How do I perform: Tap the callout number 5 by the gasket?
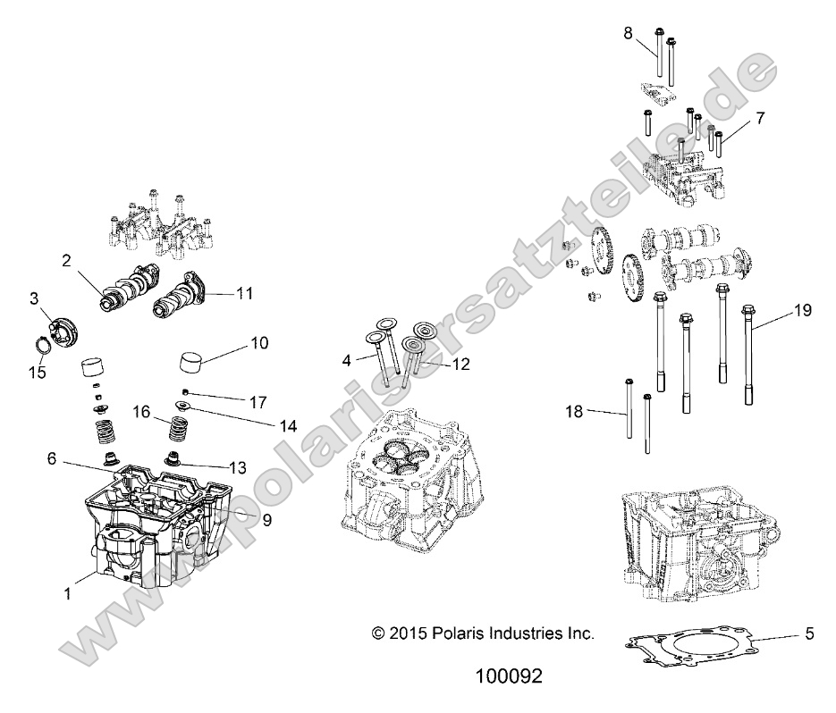pyautogui.click(x=809, y=635)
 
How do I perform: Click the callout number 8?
pyautogui.click(x=629, y=33)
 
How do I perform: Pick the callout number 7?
pyautogui.click(x=760, y=118)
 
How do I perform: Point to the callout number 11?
pyautogui.click(x=245, y=292)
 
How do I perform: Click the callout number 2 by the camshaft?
pyautogui.click(x=65, y=260)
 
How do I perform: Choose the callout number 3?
pyautogui.click(x=34, y=298)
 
